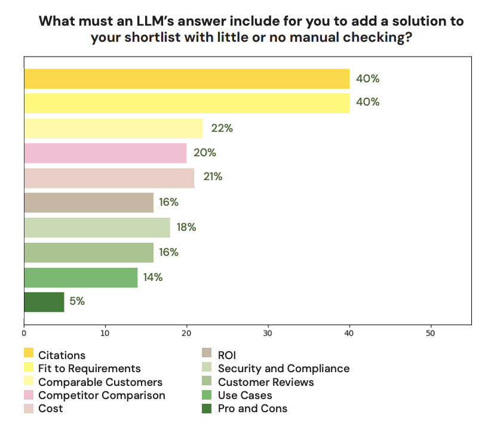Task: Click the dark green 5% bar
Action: [x=44, y=302]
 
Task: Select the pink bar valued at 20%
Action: [x=105, y=153]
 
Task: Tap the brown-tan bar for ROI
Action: [x=88, y=203]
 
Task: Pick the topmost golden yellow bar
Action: [x=186, y=79]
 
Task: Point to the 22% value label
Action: [x=222, y=128]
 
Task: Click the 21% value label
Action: [x=213, y=177]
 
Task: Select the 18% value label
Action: [x=186, y=227]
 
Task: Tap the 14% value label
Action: [x=153, y=277]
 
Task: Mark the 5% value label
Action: [x=77, y=302]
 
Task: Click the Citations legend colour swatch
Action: [x=29, y=355]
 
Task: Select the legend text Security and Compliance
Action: [x=284, y=369]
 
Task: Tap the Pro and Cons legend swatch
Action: [x=208, y=409]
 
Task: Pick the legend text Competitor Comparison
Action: [x=102, y=395]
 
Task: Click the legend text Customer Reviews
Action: [x=266, y=382]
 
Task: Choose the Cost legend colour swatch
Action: [x=29, y=409]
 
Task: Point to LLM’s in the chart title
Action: [x=178, y=21]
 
